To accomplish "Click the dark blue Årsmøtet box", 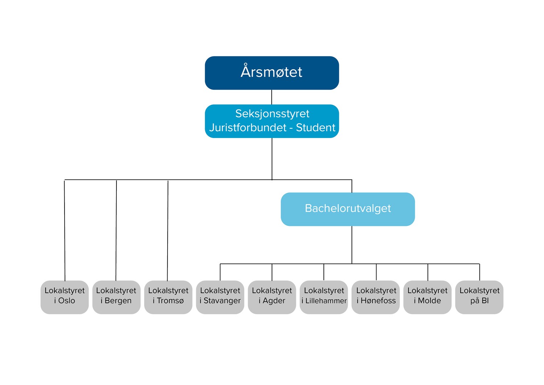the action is (272, 73).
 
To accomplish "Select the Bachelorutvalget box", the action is (348, 209).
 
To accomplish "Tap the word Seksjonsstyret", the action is (272, 114).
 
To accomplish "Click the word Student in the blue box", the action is (316, 127).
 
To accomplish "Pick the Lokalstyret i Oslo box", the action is (65, 297).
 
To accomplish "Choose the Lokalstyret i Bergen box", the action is (116, 297).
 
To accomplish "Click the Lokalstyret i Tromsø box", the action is (168, 297).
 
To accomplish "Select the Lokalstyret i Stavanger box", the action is (220, 297).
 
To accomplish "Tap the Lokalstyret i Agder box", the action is (272, 297).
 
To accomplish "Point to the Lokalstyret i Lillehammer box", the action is (324, 297).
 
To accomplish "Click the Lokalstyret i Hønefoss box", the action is (376, 297).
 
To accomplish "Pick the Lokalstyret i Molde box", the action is (428, 297).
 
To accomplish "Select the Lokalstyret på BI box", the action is (479, 297).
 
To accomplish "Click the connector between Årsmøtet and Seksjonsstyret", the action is (272, 97).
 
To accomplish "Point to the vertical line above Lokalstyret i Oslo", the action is (65, 230).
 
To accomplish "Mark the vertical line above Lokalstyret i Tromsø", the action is (168, 230).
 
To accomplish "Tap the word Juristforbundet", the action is (248, 127).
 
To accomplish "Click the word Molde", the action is (429, 301).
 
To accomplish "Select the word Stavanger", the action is (222, 301).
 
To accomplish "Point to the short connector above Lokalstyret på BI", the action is (480, 272).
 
